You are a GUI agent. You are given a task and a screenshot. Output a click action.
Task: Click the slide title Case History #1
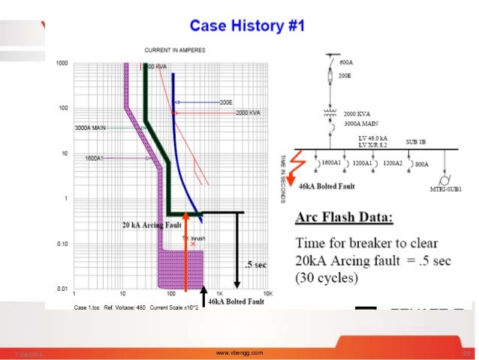pyautogui.click(x=247, y=26)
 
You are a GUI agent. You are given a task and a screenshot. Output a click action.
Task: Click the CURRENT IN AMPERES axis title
pyautogui.click(x=177, y=50)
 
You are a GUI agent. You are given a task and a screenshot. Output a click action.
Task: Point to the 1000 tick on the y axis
pyautogui.click(x=62, y=64)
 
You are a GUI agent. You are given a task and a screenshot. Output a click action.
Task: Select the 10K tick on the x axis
pyautogui.click(x=266, y=295)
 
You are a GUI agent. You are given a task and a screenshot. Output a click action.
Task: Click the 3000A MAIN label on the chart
pyautogui.click(x=91, y=129)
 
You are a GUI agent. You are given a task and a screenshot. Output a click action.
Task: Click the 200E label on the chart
pyautogui.click(x=226, y=101)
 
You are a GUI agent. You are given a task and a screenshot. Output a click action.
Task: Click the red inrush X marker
pyautogui.click(x=193, y=244)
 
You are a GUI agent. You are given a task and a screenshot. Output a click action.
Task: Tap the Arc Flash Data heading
pyautogui.click(x=344, y=218)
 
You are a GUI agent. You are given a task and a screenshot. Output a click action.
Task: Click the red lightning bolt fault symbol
pyautogui.click(x=300, y=164)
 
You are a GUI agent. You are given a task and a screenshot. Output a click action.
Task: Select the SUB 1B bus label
pyautogui.click(x=417, y=141)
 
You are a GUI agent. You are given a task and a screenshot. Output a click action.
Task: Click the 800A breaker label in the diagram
pyautogui.click(x=423, y=163)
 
